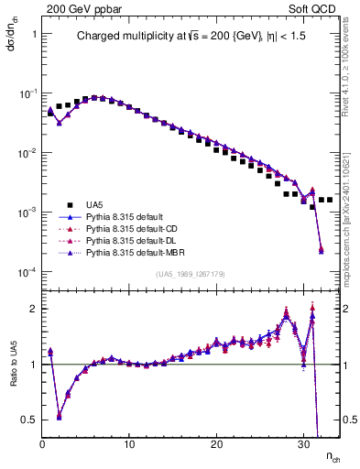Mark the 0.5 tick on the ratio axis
28,420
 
